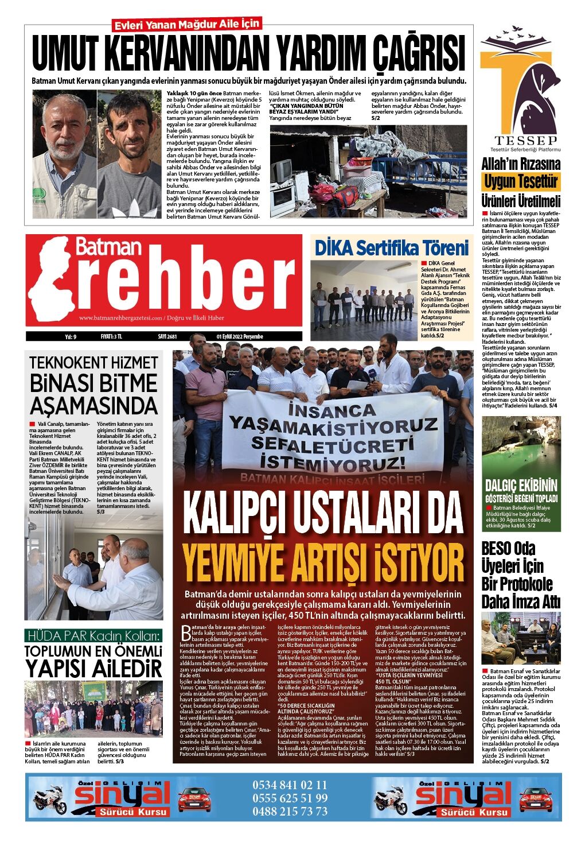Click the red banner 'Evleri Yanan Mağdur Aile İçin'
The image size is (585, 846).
[x=187, y=25]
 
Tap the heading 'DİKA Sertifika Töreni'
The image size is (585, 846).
[x=392, y=248]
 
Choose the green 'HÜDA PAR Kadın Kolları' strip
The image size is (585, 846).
[x=93, y=636]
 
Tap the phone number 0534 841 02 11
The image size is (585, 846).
[x=290, y=785]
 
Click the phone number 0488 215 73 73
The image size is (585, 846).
[x=290, y=812]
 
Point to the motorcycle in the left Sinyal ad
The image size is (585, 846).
[x=50, y=798]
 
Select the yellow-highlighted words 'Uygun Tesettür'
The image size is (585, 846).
[x=521, y=182]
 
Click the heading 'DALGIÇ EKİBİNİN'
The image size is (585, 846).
[x=521, y=485]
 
